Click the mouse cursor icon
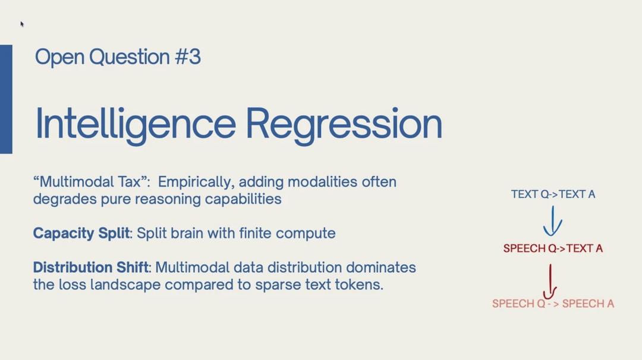pyautogui.click(x=22, y=24)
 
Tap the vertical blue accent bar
pyautogui.click(x=6, y=99)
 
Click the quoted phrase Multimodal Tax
pyautogui.click(x=92, y=182)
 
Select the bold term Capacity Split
pyautogui.click(x=81, y=233)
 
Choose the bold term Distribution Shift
pyautogui.click(x=91, y=267)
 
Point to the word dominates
pyautogui.click(x=381, y=267)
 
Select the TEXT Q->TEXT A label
pyautogui.click(x=553, y=194)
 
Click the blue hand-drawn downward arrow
pyautogui.click(x=553, y=222)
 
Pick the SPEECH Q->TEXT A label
pyautogui.click(x=553, y=248)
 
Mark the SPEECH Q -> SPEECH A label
pyautogui.click(x=553, y=304)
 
